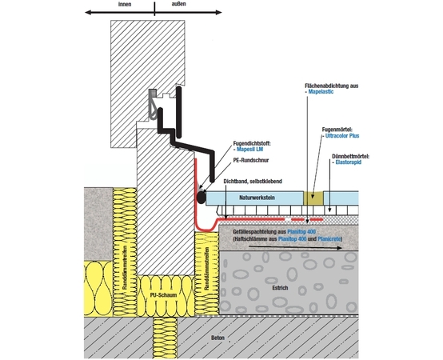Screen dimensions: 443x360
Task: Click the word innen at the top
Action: tap(125, 4)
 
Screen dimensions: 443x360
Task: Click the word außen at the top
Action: tap(179, 4)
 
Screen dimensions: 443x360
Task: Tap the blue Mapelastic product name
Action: tap(321, 92)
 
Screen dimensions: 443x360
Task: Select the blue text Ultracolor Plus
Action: tap(342, 136)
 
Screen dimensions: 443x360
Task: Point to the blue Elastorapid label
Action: tap(349, 162)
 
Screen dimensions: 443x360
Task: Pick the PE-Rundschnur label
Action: tap(251, 161)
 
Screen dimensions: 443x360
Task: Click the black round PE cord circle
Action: tap(202, 197)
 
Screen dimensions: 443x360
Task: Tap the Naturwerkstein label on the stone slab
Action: tap(257, 198)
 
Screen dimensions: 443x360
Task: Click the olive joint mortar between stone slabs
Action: tap(313, 198)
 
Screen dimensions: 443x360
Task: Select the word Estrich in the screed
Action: tap(280, 288)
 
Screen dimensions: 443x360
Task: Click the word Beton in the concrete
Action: tap(218, 338)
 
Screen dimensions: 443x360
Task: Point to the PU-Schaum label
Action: tap(164, 295)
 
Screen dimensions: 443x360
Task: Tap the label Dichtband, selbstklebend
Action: tap(253, 182)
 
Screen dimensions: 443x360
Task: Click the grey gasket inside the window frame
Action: tap(153, 104)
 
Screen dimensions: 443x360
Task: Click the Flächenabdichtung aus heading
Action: tap(331, 86)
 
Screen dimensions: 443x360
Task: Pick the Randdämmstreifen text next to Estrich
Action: tap(206, 269)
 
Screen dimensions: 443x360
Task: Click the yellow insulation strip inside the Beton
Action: tap(165, 338)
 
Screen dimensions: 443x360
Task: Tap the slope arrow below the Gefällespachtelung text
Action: tap(295, 247)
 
